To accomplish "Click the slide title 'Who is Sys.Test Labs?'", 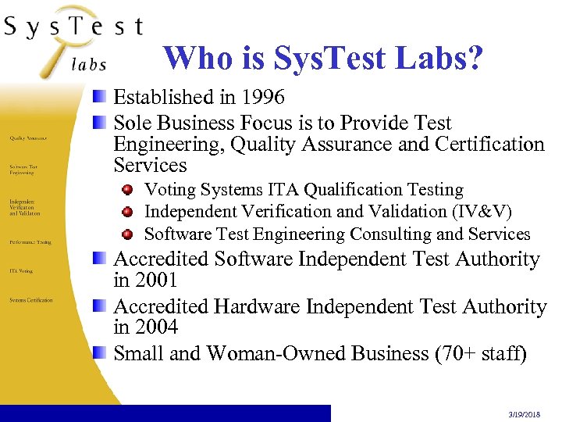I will (323, 57).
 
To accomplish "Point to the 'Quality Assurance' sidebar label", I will (28, 138).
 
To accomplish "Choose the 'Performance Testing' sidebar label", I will (30, 242).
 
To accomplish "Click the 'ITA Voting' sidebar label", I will (21, 271).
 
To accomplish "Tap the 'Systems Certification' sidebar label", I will (31, 300).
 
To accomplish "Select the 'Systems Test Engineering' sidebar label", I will (23, 169).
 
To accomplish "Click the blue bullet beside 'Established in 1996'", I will (99, 98).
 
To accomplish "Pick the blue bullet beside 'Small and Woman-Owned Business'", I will (99, 354).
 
